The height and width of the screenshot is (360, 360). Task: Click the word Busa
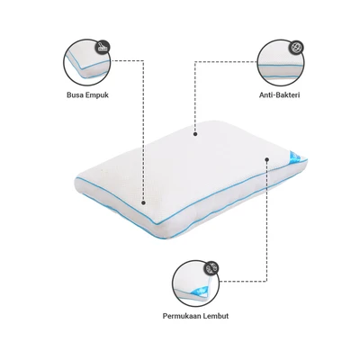pos(75,95)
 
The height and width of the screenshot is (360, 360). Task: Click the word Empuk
pos(97,95)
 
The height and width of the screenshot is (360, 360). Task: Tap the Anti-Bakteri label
pos(279,95)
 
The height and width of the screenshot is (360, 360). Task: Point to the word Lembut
pos(216,316)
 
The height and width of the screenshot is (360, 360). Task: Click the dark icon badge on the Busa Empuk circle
pos(103,48)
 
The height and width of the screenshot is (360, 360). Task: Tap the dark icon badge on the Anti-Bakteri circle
pos(297,48)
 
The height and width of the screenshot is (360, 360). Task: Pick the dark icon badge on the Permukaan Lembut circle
pos(211,268)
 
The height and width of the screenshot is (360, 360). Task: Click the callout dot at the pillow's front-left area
pos(143,203)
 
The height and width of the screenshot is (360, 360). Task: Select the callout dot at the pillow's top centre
pos(195,134)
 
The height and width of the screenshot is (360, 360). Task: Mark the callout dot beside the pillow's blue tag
pos(266,159)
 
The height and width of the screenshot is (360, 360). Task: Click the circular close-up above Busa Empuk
pos(87,62)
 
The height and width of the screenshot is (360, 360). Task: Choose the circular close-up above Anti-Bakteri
pos(281,62)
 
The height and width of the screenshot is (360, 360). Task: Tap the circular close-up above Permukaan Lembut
pos(195,283)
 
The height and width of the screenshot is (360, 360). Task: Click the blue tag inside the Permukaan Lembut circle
pos(201,291)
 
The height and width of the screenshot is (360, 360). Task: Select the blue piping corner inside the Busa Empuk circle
pos(83,68)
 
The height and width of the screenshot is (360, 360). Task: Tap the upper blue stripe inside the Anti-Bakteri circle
pos(281,65)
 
